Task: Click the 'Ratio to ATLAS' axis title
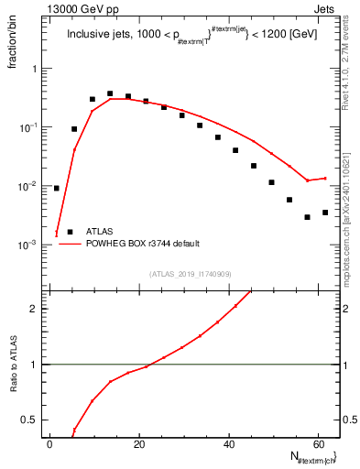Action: click(x=15, y=365)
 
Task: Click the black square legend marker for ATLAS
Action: click(x=71, y=232)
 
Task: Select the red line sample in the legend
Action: click(x=71, y=244)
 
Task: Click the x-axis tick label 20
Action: click(x=139, y=444)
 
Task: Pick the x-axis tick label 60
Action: click(x=318, y=444)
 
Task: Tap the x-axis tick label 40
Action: click(x=229, y=444)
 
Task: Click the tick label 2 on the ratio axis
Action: click(x=35, y=309)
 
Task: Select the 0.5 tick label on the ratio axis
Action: click(x=30, y=420)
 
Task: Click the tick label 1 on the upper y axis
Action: click(x=35, y=69)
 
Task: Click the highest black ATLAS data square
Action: click(x=110, y=93)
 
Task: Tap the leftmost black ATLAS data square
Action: click(x=57, y=188)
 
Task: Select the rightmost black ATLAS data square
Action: click(x=325, y=213)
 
